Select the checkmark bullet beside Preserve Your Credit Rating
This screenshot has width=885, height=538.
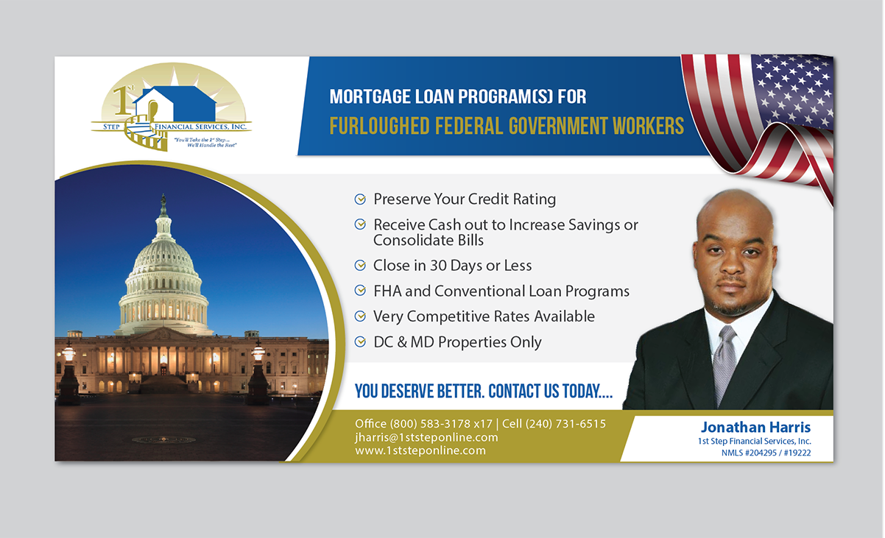(360, 199)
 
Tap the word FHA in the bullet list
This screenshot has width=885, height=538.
(387, 291)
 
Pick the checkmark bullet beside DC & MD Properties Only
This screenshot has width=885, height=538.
(360, 342)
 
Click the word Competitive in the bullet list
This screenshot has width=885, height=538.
(448, 317)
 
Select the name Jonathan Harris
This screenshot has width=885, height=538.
(755, 428)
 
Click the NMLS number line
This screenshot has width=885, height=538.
(766, 453)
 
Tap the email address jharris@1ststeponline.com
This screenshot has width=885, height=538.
(426, 437)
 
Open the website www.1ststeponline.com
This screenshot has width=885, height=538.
(420, 450)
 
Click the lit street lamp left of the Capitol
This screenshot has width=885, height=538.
(68, 354)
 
